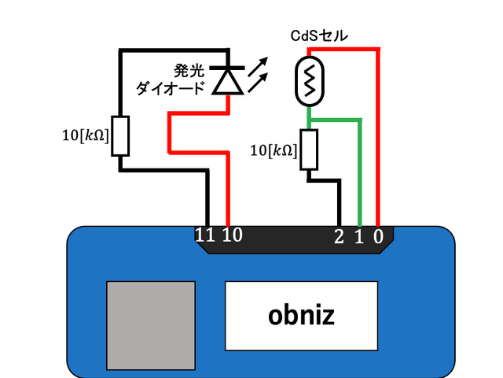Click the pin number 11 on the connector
(205, 235)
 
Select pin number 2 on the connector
(339, 235)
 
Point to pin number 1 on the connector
(359, 235)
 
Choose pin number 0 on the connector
(378, 235)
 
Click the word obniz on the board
(302, 316)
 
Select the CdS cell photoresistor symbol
(310, 81)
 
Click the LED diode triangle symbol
(229, 80)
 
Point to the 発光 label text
(191, 71)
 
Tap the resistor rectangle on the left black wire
(120, 135)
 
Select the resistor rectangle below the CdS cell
(309, 150)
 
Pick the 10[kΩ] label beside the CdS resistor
(273, 150)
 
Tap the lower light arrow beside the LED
(261, 81)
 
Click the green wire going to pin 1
(360, 165)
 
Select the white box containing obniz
(302, 315)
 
